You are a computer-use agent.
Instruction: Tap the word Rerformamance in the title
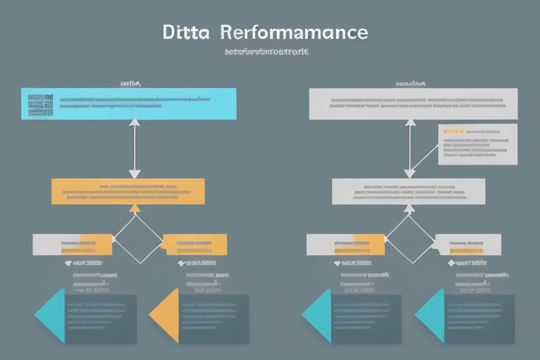point(293,32)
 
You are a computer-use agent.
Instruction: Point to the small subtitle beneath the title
point(268,52)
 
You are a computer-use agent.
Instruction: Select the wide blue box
point(129,104)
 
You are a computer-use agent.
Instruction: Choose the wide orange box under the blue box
point(128,191)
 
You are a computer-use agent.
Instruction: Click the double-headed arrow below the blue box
point(134,148)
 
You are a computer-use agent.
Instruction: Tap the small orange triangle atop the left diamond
point(135,208)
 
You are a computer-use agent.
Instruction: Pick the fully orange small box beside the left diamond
point(195,244)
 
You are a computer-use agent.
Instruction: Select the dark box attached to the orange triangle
point(214,319)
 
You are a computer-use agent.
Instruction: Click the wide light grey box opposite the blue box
point(413,104)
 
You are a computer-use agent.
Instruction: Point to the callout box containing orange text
point(477,146)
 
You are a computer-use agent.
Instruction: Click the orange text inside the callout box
point(453,131)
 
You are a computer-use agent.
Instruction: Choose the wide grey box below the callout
point(408,191)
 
